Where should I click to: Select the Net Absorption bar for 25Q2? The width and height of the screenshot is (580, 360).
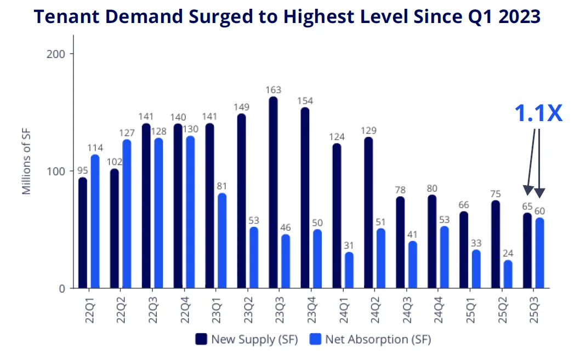[x=508, y=274]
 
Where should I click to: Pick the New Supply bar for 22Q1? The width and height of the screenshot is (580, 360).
[x=83, y=233]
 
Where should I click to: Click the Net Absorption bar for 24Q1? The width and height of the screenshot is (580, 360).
[x=349, y=270]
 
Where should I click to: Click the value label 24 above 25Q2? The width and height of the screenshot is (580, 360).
[x=508, y=254]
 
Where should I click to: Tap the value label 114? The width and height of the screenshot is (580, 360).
[x=95, y=148]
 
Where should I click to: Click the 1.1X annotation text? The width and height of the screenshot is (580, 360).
[x=538, y=113]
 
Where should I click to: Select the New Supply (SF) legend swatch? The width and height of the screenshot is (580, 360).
[x=201, y=339]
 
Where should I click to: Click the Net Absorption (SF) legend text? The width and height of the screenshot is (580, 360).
[x=378, y=339]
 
